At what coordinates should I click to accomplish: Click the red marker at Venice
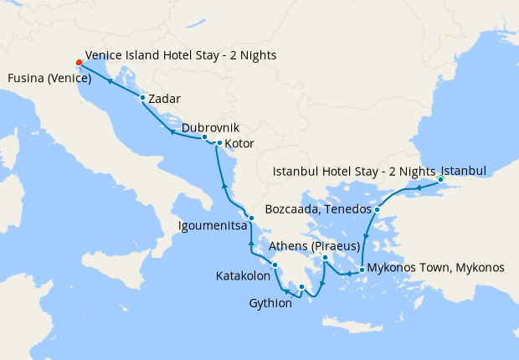(x=79, y=63)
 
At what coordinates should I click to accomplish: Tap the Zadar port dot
(x=143, y=98)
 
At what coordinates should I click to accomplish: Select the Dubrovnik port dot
(x=204, y=136)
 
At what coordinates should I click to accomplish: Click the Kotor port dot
(x=219, y=143)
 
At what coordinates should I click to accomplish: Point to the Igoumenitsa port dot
(x=251, y=219)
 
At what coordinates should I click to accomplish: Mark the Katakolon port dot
(x=275, y=265)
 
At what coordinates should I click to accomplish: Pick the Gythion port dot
(x=302, y=288)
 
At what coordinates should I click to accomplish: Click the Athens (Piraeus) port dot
(x=326, y=259)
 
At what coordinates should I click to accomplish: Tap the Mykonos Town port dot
(x=362, y=270)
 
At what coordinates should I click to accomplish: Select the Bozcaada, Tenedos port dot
(x=378, y=209)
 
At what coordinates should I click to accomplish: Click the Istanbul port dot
(x=440, y=179)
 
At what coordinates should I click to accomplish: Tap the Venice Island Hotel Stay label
(x=180, y=55)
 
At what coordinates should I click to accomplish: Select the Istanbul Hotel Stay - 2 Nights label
(x=355, y=172)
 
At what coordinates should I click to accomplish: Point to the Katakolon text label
(x=243, y=275)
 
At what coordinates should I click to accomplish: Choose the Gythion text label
(x=270, y=303)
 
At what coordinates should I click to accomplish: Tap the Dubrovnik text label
(x=210, y=126)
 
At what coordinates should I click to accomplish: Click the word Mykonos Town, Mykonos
(x=435, y=268)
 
